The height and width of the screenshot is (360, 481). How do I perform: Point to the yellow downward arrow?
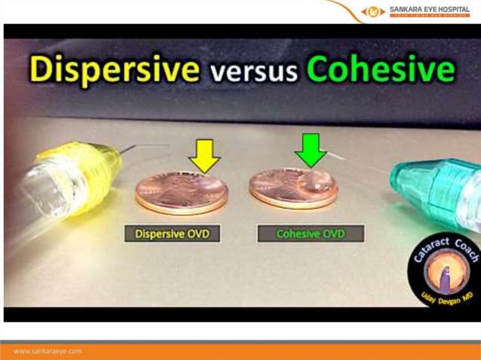coord(204,155)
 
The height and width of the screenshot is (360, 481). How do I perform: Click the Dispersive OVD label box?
coord(172,234)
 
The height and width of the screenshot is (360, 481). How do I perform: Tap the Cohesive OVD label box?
coord(311,234)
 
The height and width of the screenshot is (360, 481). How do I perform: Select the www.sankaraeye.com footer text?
coord(47,351)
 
